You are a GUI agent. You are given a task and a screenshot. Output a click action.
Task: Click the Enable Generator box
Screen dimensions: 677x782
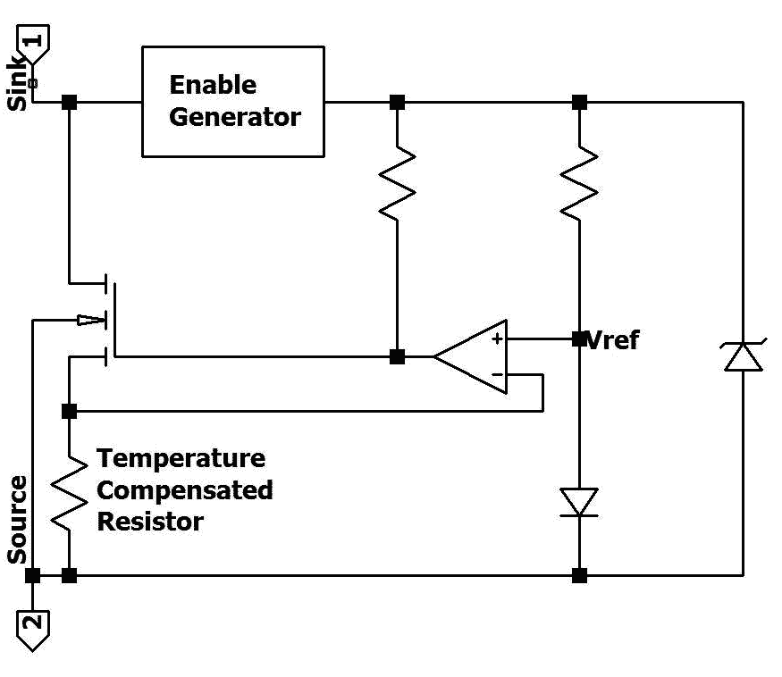pyautogui.click(x=233, y=102)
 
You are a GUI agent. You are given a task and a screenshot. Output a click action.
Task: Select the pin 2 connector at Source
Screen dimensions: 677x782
pyautogui.click(x=32, y=629)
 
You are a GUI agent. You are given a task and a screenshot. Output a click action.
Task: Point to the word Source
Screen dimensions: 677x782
pyautogui.click(x=17, y=520)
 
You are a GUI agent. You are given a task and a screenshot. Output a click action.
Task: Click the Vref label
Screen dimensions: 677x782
pyautogui.click(x=613, y=340)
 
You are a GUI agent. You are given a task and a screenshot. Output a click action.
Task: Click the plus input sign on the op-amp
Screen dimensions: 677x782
pyautogui.click(x=496, y=339)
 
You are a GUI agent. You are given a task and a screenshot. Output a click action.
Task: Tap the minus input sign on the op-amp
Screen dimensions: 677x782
pyautogui.click(x=496, y=373)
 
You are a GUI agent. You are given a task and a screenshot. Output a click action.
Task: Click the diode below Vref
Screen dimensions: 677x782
pyautogui.click(x=579, y=501)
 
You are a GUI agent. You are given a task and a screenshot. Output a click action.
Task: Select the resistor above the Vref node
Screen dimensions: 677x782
pyautogui.click(x=579, y=182)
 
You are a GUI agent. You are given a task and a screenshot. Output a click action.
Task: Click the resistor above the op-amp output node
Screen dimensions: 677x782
pyautogui.click(x=398, y=183)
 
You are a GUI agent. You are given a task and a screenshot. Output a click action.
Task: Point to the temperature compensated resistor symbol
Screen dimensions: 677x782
pyautogui.click(x=68, y=491)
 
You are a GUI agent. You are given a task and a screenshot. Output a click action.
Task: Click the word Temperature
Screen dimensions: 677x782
pyautogui.click(x=181, y=459)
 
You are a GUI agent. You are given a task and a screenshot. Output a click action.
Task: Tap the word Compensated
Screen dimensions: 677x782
pyautogui.click(x=185, y=490)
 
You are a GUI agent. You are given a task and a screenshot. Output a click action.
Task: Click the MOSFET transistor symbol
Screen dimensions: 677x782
pyautogui.click(x=107, y=319)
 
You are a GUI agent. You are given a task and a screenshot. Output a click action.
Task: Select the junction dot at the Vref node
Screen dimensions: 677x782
pyautogui.click(x=579, y=338)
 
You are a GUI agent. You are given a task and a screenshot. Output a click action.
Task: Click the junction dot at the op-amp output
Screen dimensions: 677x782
pyautogui.click(x=398, y=357)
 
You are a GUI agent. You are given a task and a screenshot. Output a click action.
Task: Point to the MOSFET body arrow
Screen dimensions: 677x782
pyautogui.click(x=89, y=320)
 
